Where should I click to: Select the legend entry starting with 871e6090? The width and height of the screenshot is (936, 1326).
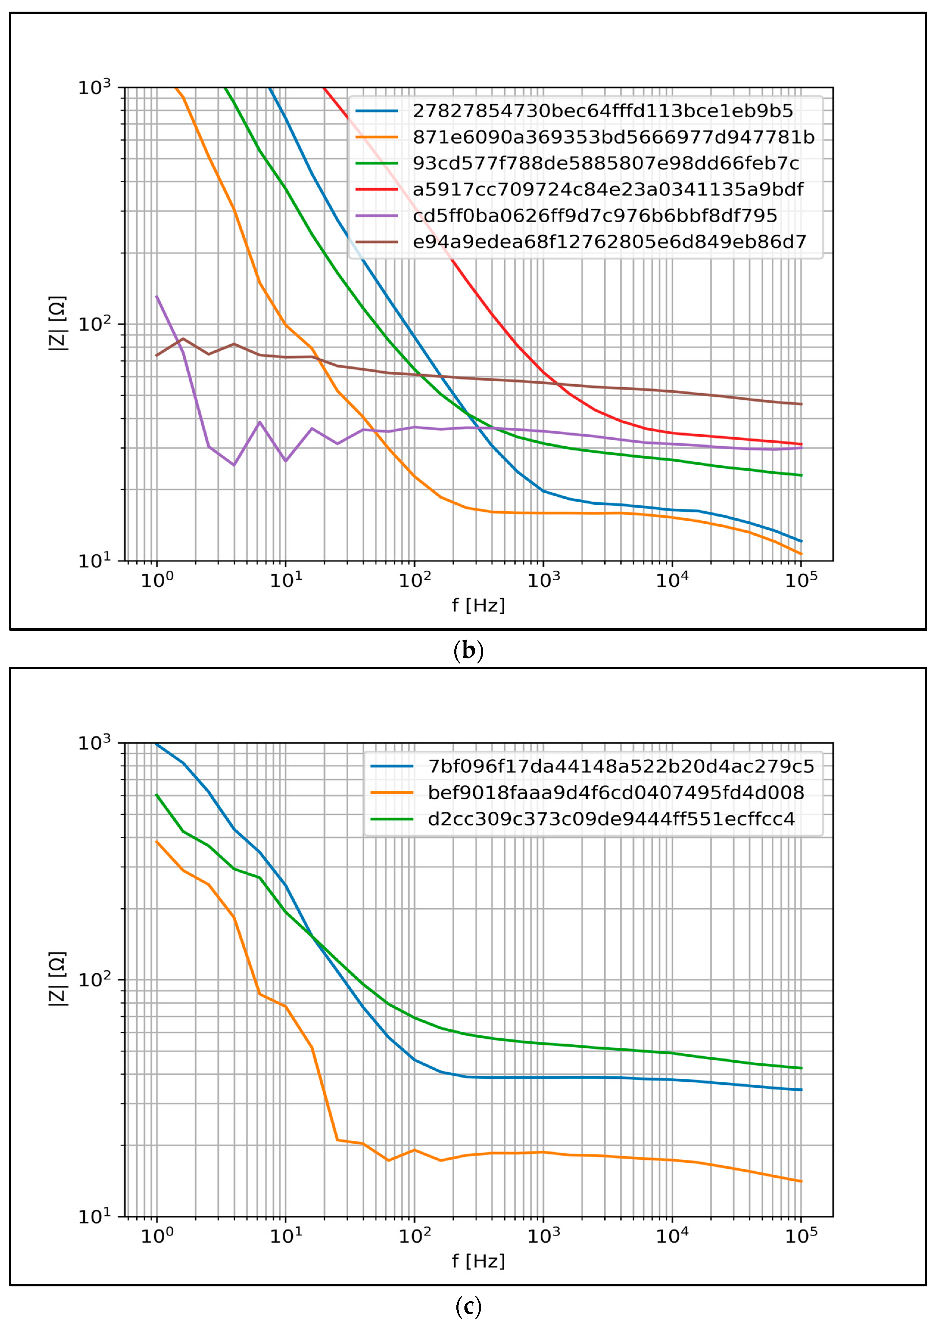pyautogui.click(x=613, y=137)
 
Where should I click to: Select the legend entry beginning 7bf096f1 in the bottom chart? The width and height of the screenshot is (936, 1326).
pyautogui.click(x=620, y=767)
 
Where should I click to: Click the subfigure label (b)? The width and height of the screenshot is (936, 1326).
pyautogui.click(x=468, y=651)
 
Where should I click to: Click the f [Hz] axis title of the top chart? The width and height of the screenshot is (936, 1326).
pyautogui.click(x=478, y=605)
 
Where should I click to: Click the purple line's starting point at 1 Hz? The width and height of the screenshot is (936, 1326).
pyautogui.click(x=157, y=297)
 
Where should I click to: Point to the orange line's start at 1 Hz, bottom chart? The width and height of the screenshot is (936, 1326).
pyautogui.click(x=157, y=842)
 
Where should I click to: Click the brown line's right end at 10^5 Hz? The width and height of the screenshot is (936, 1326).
pyautogui.click(x=801, y=404)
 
